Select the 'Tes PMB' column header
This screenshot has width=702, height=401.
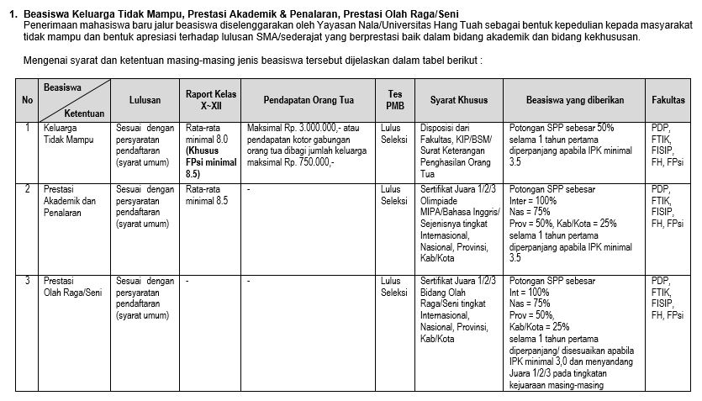click(x=394, y=100)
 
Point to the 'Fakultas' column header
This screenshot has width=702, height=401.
click(x=668, y=100)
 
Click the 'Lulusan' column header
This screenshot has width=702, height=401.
click(x=145, y=100)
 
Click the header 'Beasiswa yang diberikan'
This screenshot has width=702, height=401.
click(x=575, y=100)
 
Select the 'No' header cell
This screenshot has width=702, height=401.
click(x=29, y=100)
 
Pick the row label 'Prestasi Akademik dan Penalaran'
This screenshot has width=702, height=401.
click(x=70, y=201)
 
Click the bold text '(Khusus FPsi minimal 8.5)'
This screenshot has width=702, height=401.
click(x=211, y=162)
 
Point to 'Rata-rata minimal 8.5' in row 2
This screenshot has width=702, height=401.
click(x=207, y=196)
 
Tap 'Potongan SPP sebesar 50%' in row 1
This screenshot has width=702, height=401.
click(x=562, y=128)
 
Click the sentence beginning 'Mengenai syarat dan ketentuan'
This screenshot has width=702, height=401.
click(x=253, y=61)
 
